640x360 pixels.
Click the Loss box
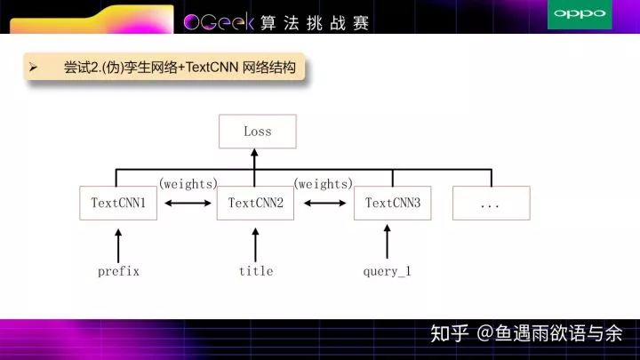pos(258,132)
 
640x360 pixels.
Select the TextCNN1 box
pos(118,203)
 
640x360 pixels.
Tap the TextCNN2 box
pos(255,203)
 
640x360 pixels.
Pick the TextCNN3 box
pos(393,203)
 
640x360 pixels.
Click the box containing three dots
pos(492,203)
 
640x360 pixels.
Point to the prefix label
pos(118,271)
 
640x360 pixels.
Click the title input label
pos(256,271)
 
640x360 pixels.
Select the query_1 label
pos(387,271)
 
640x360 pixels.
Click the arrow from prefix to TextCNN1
pos(118,245)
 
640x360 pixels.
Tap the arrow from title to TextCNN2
pos(255,245)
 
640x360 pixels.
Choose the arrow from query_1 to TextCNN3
pos(387,242)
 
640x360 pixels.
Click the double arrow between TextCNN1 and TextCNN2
pos(188,203)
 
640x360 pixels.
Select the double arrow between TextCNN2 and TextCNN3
pos(325,203)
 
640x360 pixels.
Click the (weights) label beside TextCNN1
pos(188,184)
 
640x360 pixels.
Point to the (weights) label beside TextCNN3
pos(324,184)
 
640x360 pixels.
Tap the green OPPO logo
pos(580,14)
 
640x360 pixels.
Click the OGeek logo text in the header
pos(219,22)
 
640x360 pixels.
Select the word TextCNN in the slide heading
pos(212,67)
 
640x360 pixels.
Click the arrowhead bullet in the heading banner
pos(34,68)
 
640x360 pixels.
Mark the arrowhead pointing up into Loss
pos(254,153)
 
